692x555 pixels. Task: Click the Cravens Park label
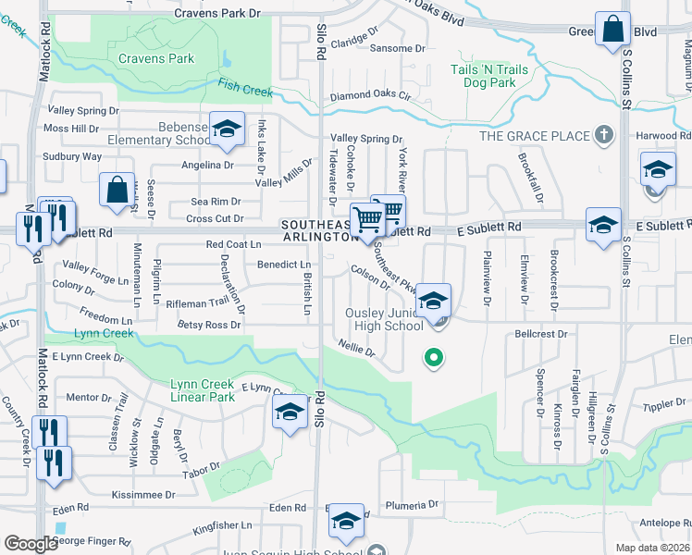coord(156,58)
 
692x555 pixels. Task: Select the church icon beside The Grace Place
coord(603,136)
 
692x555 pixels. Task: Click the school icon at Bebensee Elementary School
coord(226,130)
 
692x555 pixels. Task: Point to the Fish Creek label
coord(245,88)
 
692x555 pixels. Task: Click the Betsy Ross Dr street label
coord(209,325)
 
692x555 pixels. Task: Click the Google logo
coord(31,544)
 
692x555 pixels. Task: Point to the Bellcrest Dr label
coord(540,332)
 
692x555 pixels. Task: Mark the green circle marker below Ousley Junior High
coord(432,357)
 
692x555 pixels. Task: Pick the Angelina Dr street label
coord(208,166)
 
